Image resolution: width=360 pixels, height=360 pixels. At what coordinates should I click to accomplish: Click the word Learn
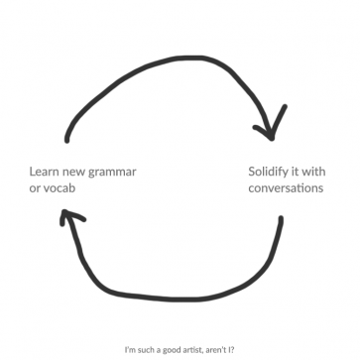46,171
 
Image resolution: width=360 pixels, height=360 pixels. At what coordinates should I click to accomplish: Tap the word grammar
111,172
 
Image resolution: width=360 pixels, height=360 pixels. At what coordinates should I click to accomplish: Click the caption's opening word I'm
130,349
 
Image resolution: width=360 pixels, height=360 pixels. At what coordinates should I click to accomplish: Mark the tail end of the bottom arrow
280,220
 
